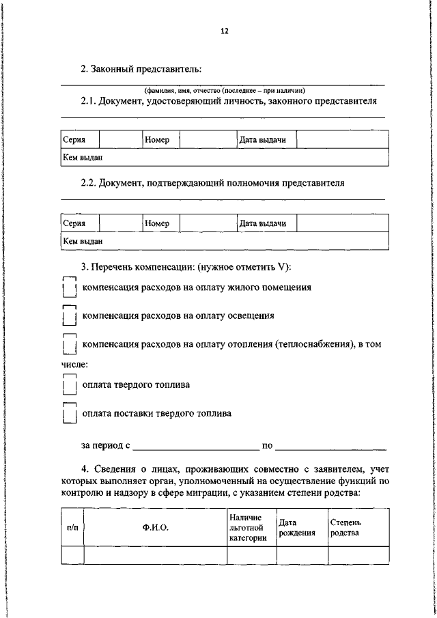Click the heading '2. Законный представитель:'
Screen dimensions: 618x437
(141, 68)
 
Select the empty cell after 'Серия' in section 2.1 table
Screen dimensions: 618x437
(120, 140)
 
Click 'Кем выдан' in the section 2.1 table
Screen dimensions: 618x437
(83, 157)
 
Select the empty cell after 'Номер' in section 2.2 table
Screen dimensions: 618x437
(207, 223)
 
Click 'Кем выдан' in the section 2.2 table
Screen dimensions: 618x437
(83, 240)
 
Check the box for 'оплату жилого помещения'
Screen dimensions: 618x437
(68, 288)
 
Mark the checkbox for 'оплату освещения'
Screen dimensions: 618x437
(68, 317)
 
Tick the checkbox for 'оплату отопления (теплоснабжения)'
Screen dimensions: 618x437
(68, 346)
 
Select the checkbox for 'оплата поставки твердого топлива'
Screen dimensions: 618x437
(68, 414)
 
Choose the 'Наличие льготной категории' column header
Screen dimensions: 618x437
(251, 528)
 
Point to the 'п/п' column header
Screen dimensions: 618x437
(72, 528)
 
